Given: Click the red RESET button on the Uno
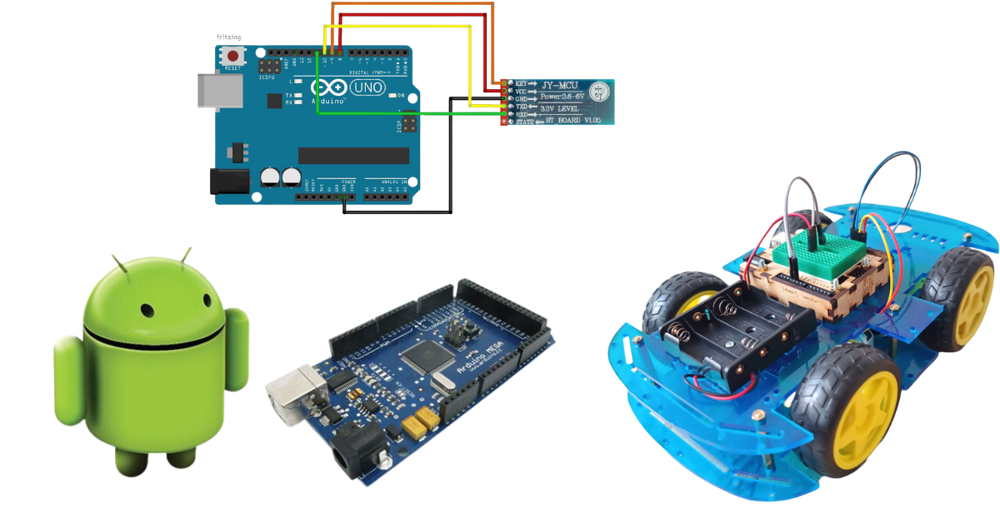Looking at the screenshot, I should click(x=232, y=56).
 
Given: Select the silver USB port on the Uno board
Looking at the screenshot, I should click(x=217, y=90).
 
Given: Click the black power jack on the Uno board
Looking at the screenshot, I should click(x=231, y=182).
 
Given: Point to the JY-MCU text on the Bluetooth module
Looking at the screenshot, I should click(x=560, y=84).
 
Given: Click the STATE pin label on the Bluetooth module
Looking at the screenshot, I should click(x=524, y=122).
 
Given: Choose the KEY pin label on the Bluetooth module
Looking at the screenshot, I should click(x=522, y=84).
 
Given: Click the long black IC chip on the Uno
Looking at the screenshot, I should click(x=353, y=156).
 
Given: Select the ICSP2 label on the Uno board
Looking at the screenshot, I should click(x=266, y=77).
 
